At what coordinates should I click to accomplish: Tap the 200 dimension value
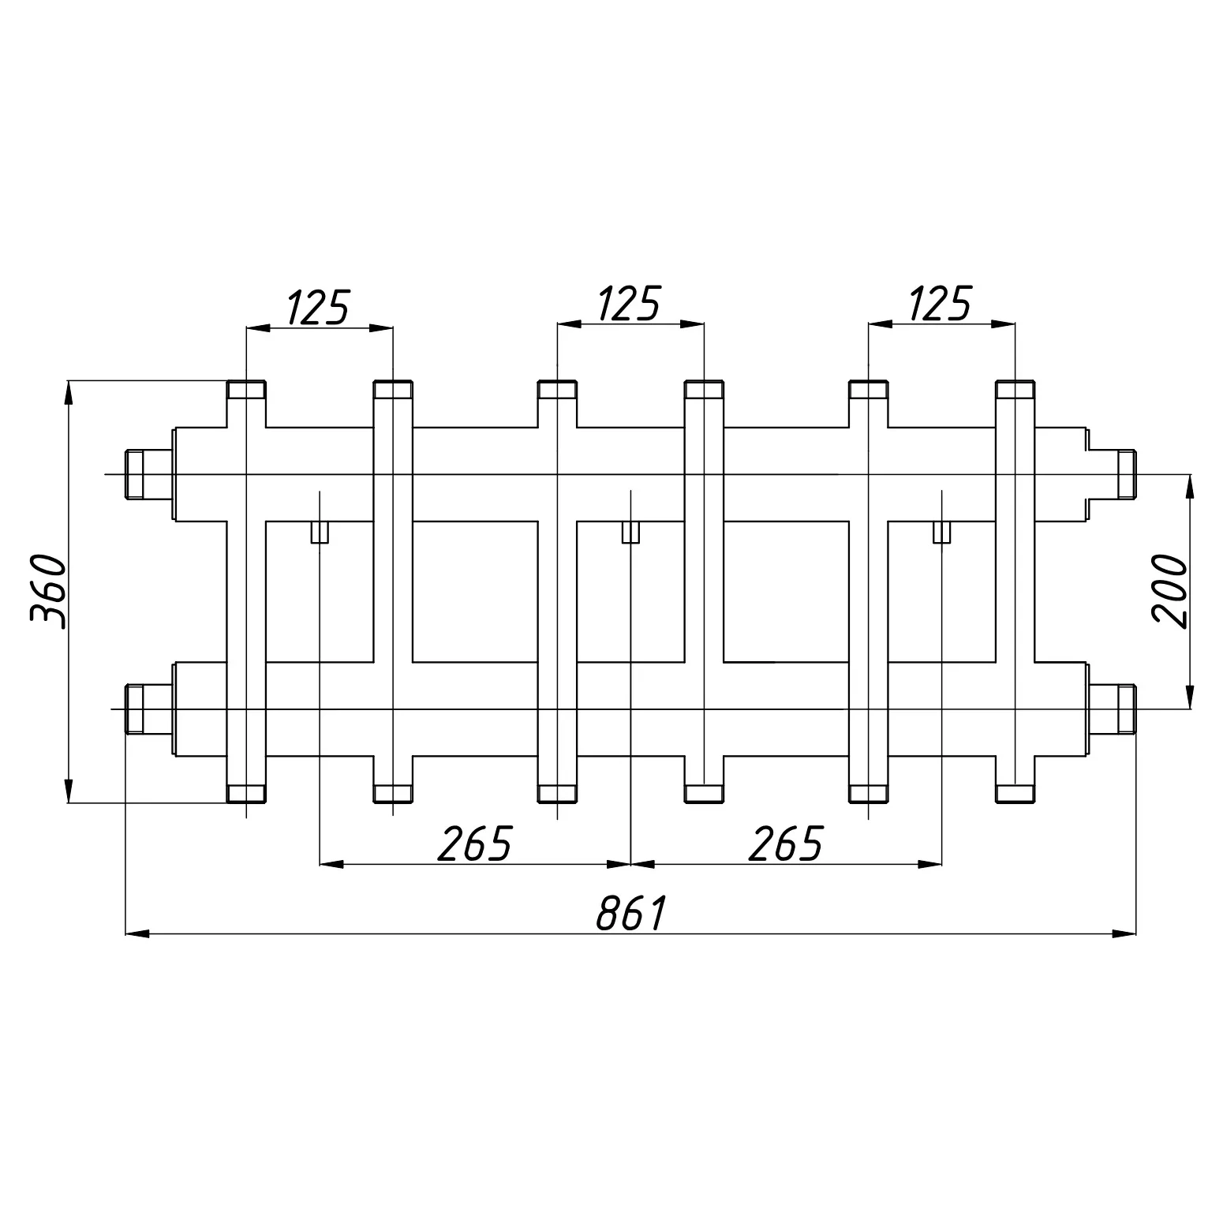coord(1169,590)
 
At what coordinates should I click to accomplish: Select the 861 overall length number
coord(632,913)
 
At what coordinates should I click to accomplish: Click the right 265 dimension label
coord(786,843)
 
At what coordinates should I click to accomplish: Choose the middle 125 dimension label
coord(629,305)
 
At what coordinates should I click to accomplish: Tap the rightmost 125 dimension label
coord(940,305)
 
